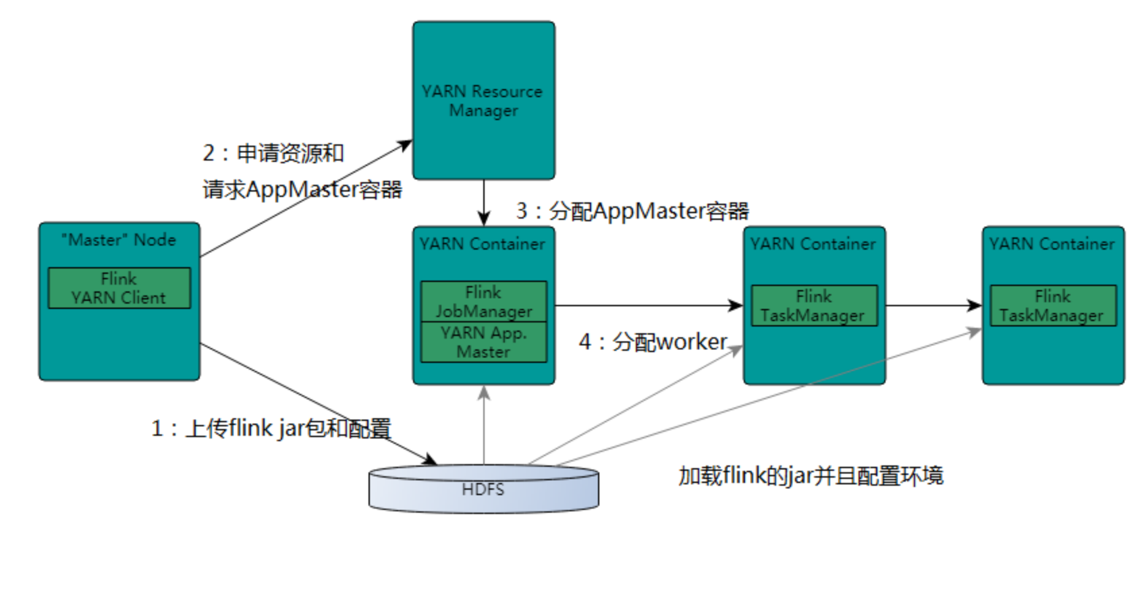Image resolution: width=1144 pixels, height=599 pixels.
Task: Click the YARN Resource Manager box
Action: pyautogui.click(x=483, y=101)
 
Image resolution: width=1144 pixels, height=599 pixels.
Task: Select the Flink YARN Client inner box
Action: pyautogui.click(x=119, y=288)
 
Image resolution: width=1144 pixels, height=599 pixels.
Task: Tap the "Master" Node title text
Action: pyautogui.click(x=119, y=240)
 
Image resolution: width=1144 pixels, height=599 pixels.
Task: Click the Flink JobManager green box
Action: pyautogui.click(x=483, y=302)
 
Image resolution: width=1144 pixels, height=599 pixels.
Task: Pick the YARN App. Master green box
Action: pyautogui.click(x=483, y=342)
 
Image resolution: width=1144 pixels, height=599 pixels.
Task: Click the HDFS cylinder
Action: pyautogui.click(x=483, y=490)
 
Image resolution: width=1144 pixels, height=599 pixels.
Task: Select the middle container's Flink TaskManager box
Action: pyautogui.click(x=813, y=306)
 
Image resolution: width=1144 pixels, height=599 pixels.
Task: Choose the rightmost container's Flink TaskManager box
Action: pyautogui.click(x=1052, y=306)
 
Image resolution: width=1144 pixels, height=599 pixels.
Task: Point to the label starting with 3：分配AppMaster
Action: pyautogui.click(x=632, y=211)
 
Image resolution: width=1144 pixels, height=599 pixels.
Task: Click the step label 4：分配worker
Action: pyautogui.click(x=653, y=342)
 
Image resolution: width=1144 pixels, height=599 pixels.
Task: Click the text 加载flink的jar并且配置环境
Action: pyautogui.click(x=811, y=476)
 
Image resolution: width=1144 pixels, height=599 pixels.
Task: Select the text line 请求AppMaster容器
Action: pyautogui.click(x=302, y=190)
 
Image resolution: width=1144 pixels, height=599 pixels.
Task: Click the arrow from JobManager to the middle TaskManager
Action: pyautogui.click(x=648, y=306)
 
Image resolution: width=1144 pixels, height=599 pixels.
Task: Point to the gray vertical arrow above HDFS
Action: pyautogui.click(x=483, y=425)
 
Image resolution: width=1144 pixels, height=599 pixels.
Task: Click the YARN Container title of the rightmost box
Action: pyautogui.click(x=1052, y=244)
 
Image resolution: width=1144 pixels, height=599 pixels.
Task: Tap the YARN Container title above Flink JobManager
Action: pyautogui.click(x=483, y=244)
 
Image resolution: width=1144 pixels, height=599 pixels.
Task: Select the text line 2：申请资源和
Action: pyautogui.click(x=273, y=153)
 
